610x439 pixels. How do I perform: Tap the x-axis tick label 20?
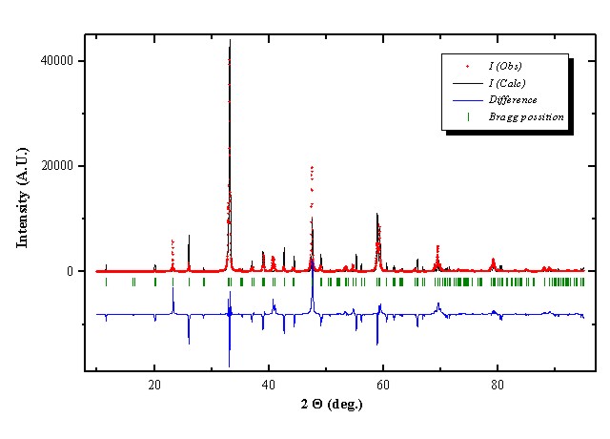coord(154,385)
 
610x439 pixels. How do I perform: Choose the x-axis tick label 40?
coord(269,385)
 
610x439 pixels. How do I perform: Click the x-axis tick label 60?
coord(382,385)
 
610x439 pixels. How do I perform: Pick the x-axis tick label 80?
coord(497,385)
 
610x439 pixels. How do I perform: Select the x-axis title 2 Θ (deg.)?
coord(332,405)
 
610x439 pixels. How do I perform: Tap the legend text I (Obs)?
coord(506,66)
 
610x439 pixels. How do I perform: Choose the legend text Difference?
coord(513,99)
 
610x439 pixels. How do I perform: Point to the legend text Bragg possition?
coord(527,116)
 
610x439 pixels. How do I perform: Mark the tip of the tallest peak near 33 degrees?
coord(230,40)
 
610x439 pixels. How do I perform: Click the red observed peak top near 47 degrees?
coord(312,167)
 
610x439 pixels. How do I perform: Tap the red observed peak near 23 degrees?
coord(173,241)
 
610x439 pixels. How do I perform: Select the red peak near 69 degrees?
coord(437,246)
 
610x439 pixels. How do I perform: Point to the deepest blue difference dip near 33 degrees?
coord(229,366)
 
